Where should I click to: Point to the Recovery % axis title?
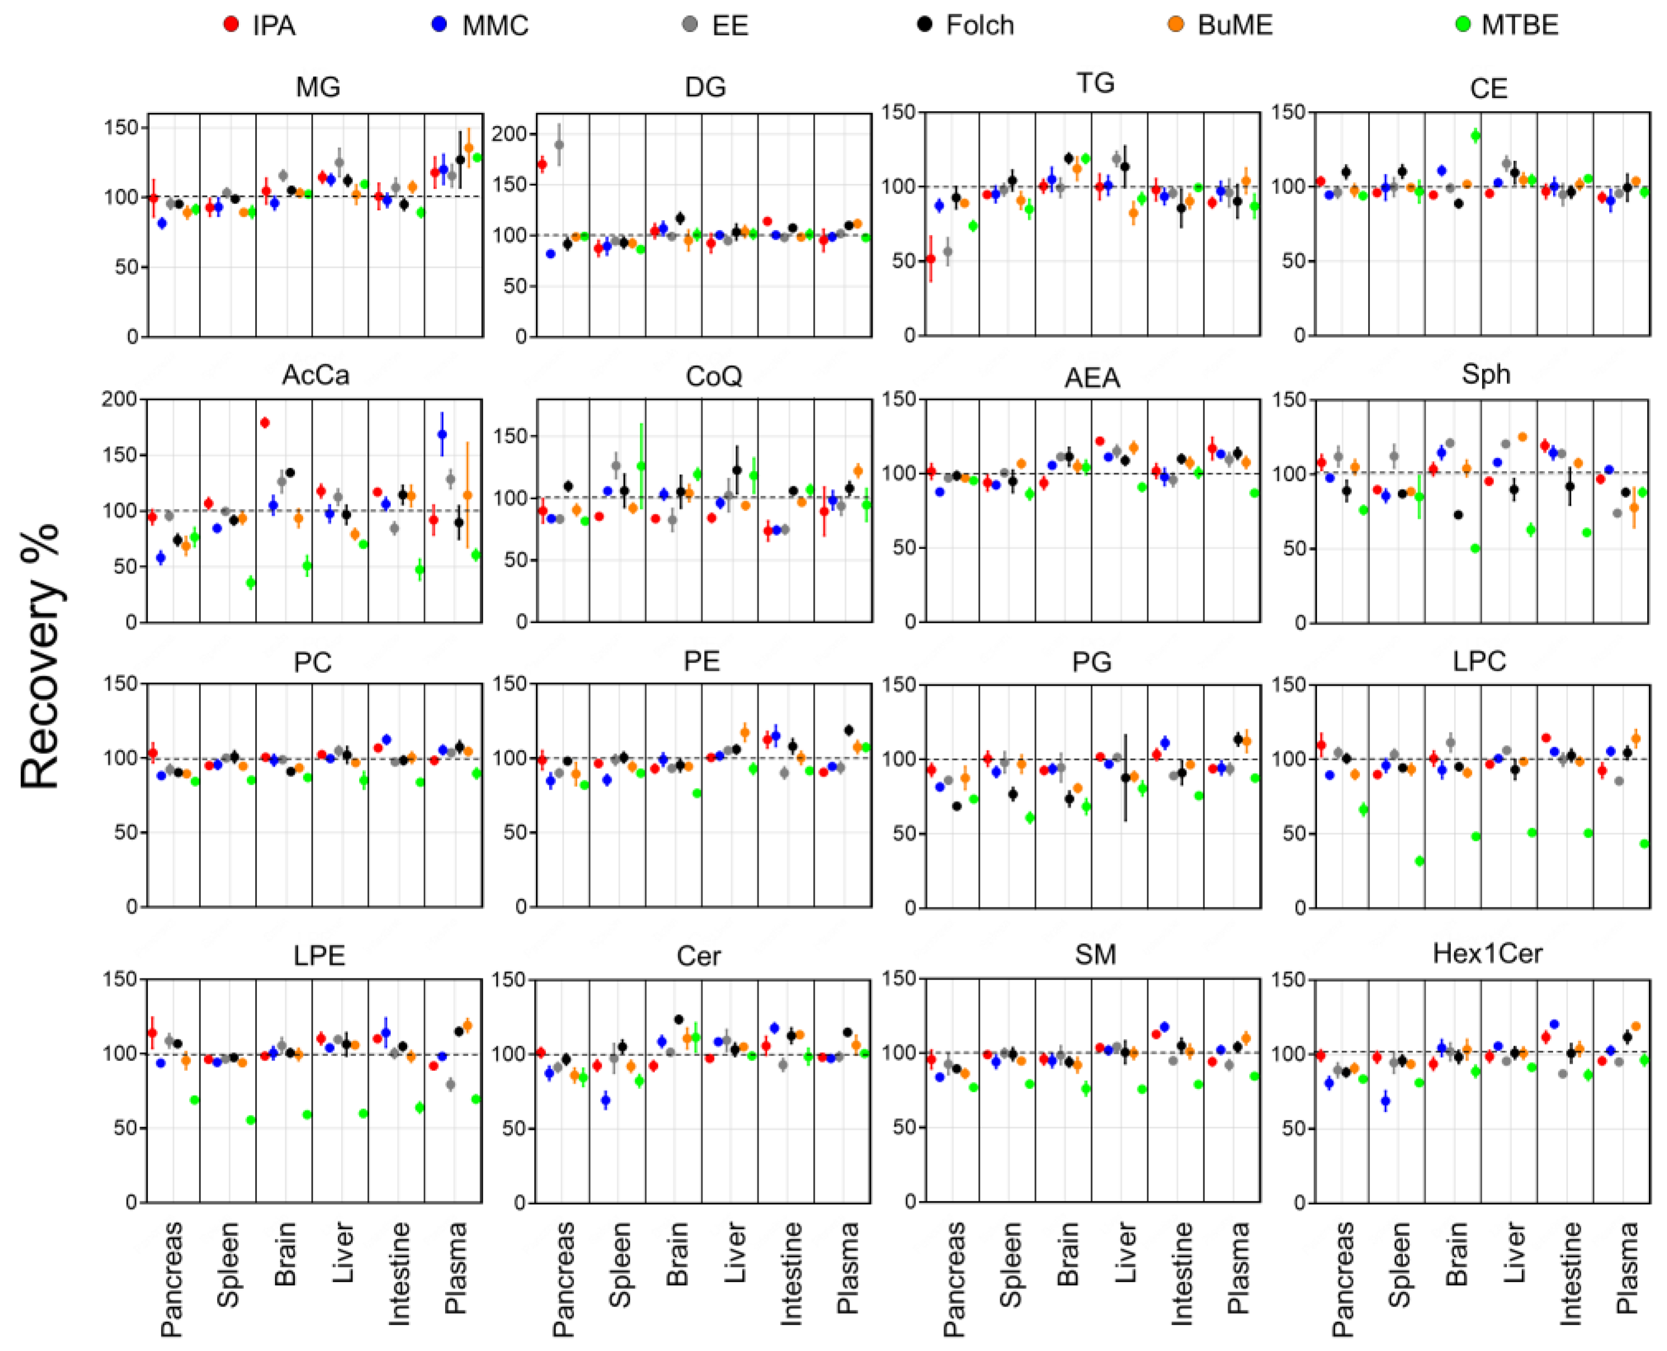(x=41, y=655)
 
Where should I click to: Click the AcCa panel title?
(x=315, y=375)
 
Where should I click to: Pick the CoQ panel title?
(x=714, y=376)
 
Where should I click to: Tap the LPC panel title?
(x=1479, y=661)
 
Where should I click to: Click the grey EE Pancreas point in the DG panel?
(x=558, y=145)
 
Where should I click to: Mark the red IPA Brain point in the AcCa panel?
(x=265, y=423)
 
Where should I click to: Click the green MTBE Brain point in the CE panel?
(x=1476, y=135)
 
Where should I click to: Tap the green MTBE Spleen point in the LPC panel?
(x=1419, y=861)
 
